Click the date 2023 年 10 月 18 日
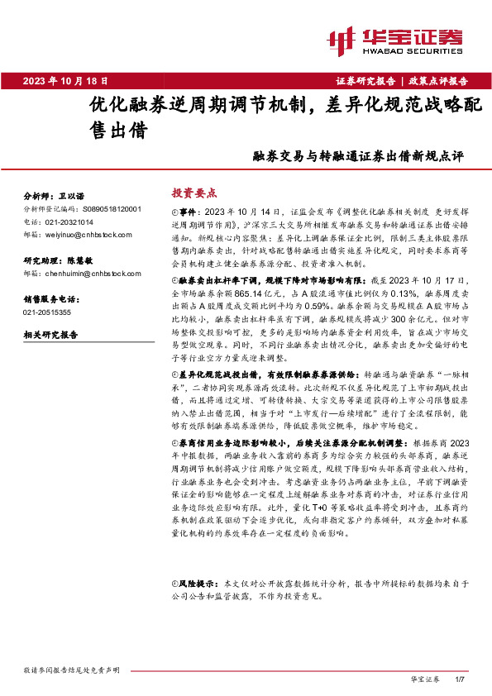65,80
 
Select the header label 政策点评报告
439,81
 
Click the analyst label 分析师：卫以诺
55,197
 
